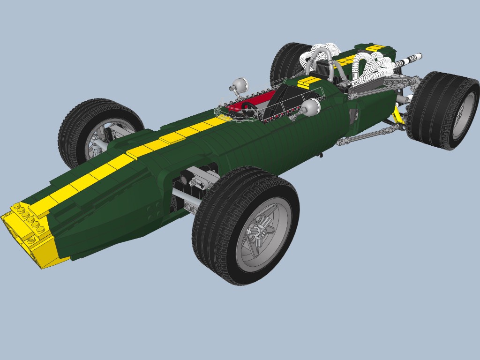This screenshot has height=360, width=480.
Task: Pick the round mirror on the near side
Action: [311, 107]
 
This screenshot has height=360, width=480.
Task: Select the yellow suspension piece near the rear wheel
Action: [398, 115]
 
